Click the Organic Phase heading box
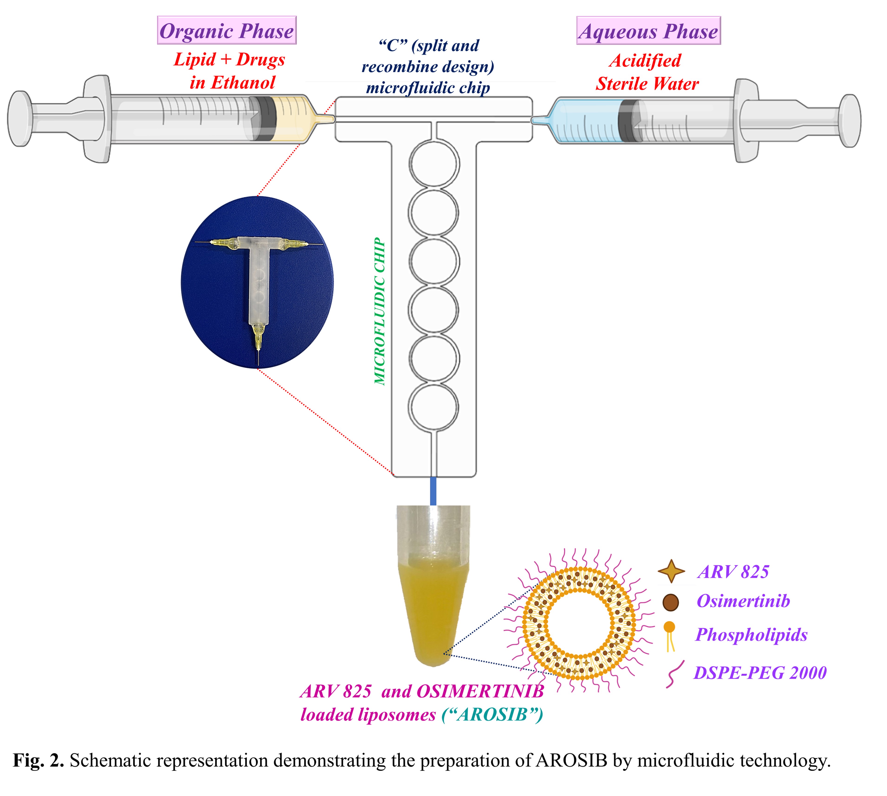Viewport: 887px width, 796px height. tap(227, 30)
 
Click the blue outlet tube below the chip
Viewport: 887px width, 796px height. tap(433, 491)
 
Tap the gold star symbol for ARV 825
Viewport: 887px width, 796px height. tap(671, 571)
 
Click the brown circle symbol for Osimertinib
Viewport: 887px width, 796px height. tap(671, 602)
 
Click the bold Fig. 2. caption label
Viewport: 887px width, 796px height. tap(39, 760)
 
